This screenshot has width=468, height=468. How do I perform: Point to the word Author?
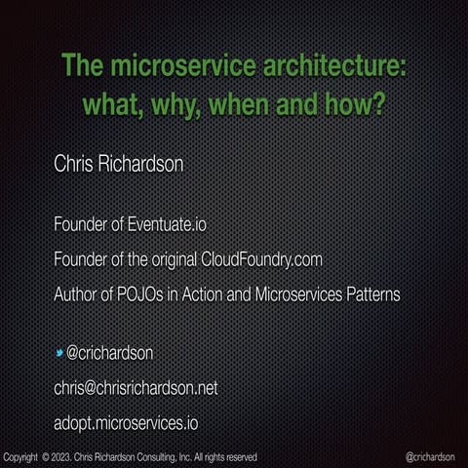click(75, 293)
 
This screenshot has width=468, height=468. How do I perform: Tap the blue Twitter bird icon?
click(58, 352)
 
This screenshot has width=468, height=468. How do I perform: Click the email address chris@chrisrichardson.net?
click(136, 388)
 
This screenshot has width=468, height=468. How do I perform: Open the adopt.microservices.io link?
click(127, 423)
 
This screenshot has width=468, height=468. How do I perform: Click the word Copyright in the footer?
click(21, 456)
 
